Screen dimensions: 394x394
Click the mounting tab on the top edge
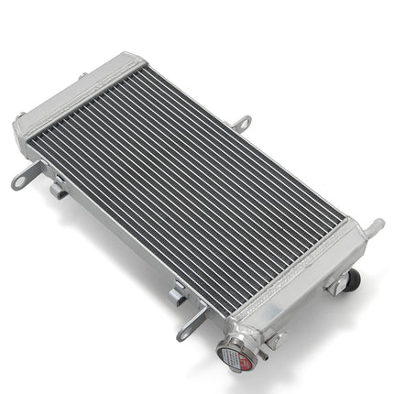click(x=242, y=121)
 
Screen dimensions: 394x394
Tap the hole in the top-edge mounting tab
click(x=245, y=119)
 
